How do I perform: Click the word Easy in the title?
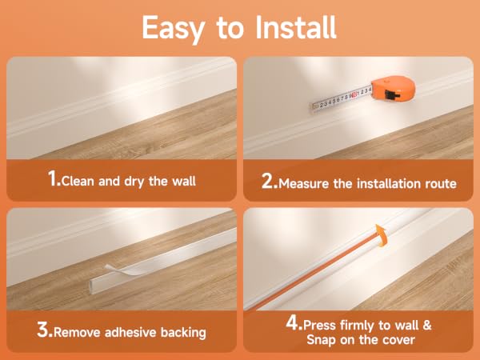click(174, 29)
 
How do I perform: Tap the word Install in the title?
click(295, 27)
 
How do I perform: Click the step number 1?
click(53, 178)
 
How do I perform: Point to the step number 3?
click(43, 330)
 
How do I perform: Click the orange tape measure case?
click(393, 89)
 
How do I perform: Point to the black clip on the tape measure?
click(391, 95)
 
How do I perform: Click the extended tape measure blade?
click(342, 98)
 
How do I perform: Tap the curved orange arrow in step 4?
click(381, 235)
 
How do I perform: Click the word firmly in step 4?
click(357, 326)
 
